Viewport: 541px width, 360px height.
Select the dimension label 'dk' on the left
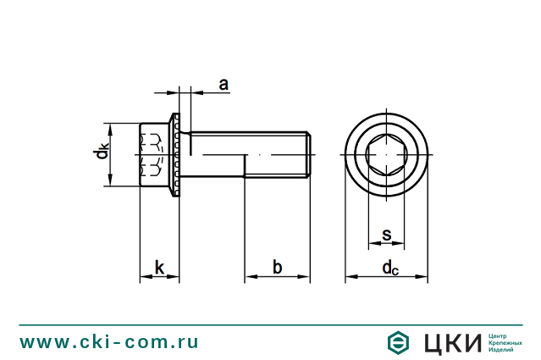pos(101,152)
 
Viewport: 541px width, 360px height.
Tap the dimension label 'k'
pos(160,268)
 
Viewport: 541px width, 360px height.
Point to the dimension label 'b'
pos(277,268)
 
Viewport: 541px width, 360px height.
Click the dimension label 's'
pos(386,235)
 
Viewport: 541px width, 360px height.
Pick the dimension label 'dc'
pos(389,269)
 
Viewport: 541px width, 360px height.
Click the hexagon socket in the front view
pos(386,155)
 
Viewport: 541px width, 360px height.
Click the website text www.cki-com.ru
pos(109,342)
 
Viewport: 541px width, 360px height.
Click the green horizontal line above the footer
pos(270,324)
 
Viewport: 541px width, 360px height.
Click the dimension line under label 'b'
pos(277,277)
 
